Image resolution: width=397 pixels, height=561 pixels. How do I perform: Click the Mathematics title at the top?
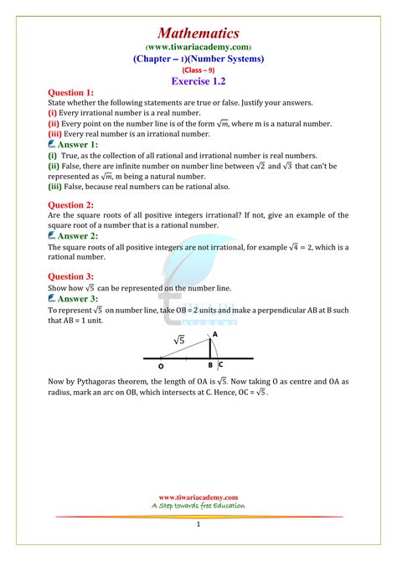pyautogui.click(x=198, y=33)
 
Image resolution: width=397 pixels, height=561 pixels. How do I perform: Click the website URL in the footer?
pyautogui.click(x=198, y=497)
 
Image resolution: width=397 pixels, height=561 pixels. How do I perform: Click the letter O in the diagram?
pyautogui.click(x=162, y=365)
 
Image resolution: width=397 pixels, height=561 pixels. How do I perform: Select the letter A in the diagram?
pyautogui.click(x=215, y=333)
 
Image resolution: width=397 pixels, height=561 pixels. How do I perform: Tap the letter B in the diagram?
pyautogui.click(x=210, y=365)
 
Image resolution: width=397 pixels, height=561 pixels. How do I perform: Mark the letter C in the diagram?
pyautogui.click(x=219, y=365)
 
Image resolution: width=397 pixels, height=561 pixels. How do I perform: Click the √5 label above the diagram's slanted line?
pyautogui.click(x=180, y=340)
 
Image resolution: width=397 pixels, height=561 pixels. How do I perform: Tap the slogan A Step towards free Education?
pyautogui.click(x=198, y=505)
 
